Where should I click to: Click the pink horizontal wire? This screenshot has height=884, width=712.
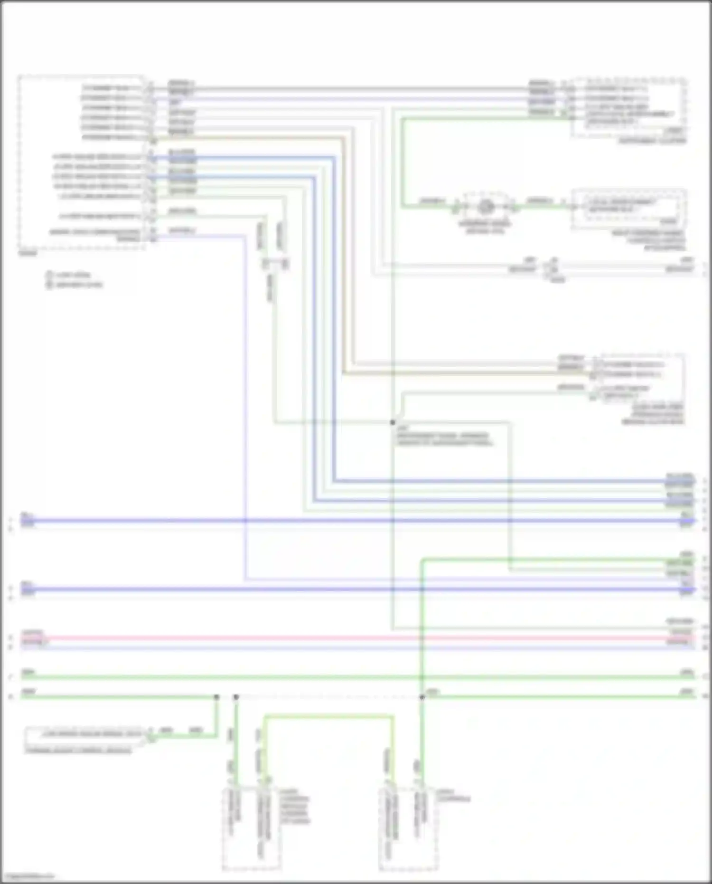click(x=356, y=638)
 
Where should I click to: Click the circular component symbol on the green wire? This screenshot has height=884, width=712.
click(x=485, y=207)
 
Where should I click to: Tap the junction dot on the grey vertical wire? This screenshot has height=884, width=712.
click(x=393, y=422)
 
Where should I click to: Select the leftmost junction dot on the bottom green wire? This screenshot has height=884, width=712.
click(x=216, y=697)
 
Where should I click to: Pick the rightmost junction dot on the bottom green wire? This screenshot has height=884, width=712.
click(x=422, y=697)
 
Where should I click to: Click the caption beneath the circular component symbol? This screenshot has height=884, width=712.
click(x=485, y=227)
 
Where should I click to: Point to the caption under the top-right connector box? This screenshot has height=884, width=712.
click(x=652, y=141)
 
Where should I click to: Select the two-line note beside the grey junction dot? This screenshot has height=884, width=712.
click(x=444, y=439)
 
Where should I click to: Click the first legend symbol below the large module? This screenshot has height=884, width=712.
click(x=49, y=275)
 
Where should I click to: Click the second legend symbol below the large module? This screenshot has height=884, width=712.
click(x=49, y=285)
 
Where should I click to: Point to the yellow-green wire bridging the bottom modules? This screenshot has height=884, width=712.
click(x=328, y=716)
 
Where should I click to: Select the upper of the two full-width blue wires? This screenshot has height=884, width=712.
click(x=356, y=521)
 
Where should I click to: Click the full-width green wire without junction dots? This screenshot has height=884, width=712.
click(x=356, y=677)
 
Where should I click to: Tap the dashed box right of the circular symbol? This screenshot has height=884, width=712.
click(x=629, y=209)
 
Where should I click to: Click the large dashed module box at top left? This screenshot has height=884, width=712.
click(x=81, y=162)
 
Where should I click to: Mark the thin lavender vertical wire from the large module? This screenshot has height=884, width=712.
click(x=245, y=404)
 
